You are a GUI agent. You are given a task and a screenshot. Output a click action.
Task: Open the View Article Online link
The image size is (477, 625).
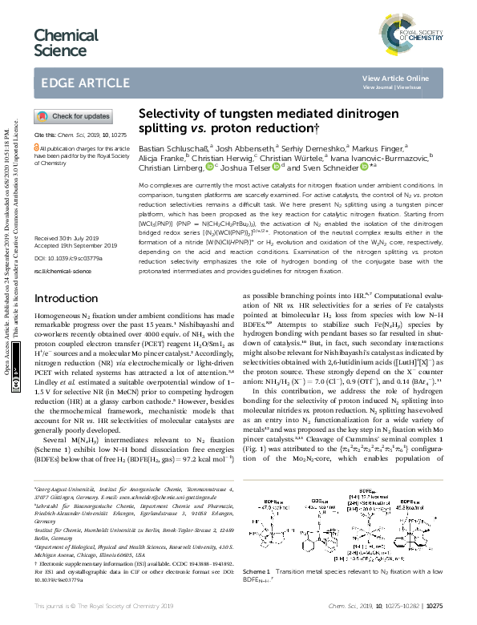(406, 78)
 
